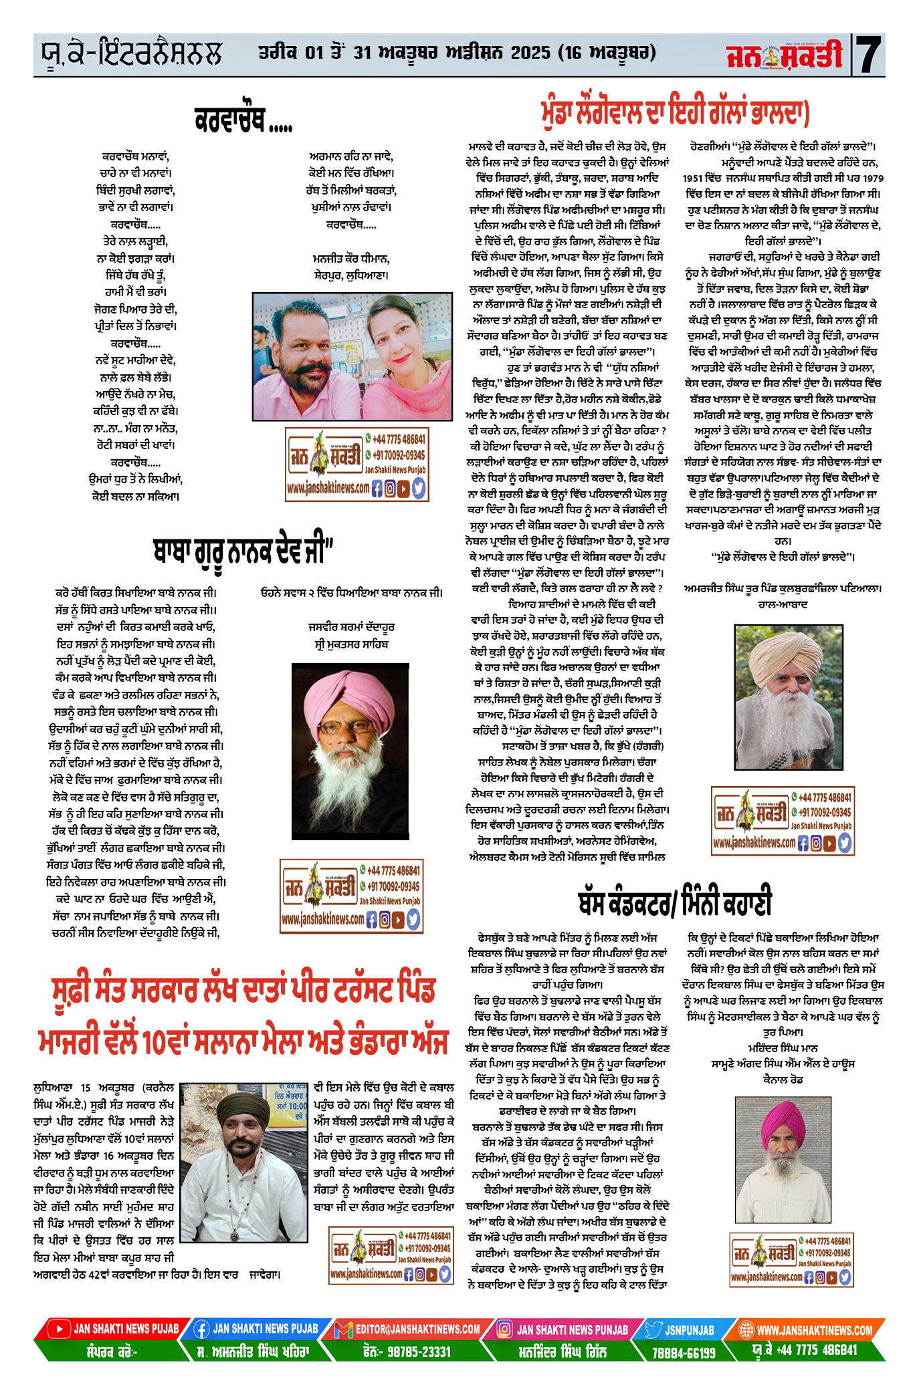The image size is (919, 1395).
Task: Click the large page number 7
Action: point(869,55)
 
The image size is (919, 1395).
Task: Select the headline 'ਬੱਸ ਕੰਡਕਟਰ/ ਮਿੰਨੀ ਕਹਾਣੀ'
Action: point(674,900)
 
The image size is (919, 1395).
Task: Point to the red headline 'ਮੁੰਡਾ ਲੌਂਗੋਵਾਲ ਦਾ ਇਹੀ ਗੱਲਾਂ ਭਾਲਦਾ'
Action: point(675,112)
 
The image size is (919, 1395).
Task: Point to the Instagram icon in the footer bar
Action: point(505,1329)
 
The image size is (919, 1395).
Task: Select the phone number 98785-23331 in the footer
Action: point(407,1351)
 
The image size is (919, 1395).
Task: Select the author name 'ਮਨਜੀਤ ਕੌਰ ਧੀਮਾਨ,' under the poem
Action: point(350,258)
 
